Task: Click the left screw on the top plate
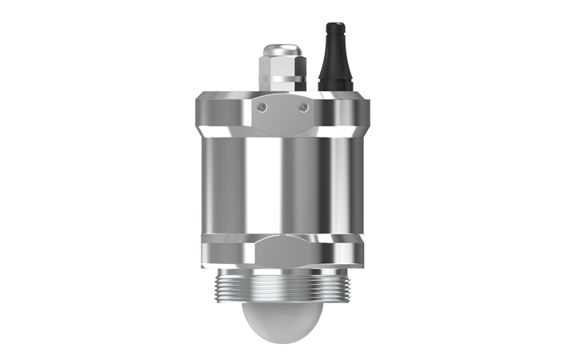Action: click(263, 107)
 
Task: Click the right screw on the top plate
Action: click(302, 107)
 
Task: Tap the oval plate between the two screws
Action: click(282, 114)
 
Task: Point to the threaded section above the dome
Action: click(282, 283)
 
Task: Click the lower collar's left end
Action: click(202, 250)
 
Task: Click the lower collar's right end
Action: click(363, 250)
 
